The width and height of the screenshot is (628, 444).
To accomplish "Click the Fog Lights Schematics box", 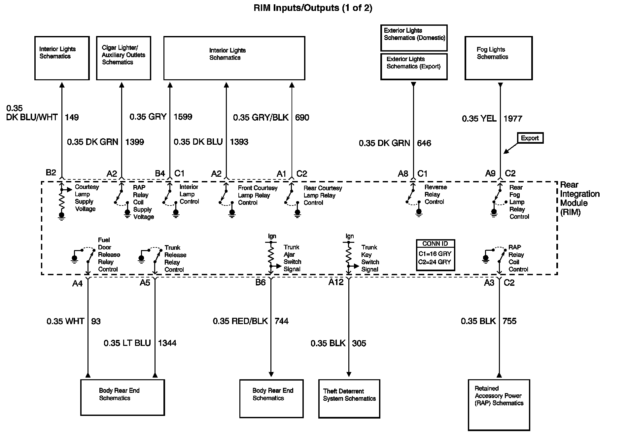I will pos(498,58).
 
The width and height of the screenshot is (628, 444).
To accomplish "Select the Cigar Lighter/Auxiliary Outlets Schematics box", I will pos(123,58).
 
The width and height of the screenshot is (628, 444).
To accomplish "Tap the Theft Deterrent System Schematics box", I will pos(349,398).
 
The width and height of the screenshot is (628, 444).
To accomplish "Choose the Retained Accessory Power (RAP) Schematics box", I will pos(499,405).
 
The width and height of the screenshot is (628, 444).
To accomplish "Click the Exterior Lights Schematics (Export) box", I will pos(414,66).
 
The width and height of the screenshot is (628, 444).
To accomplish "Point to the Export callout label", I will pos(530,138).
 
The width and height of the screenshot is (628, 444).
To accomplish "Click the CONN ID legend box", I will pos(435,255).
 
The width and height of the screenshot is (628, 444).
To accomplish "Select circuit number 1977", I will pos(513,119).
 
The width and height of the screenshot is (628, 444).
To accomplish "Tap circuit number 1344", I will pos(167,343).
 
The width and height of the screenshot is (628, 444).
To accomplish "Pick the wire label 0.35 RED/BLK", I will pos(240,321).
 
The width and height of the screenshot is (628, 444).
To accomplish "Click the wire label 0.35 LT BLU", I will pos(127,343).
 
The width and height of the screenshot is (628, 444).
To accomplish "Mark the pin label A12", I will pos(336,282).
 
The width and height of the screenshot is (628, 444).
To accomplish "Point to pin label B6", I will pos(260,282).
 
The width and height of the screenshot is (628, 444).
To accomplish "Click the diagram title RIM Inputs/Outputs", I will pos(313,8).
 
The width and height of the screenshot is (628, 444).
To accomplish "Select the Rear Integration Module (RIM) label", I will pos(579,198).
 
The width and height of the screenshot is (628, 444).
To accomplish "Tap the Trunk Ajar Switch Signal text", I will pos(292,258).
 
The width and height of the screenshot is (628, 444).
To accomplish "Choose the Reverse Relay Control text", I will pos(435,194).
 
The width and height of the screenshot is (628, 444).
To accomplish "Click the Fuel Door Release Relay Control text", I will pos(109,254).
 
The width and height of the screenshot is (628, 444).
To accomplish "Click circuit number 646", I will pos(424,143).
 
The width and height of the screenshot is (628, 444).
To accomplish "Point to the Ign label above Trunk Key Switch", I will pos(350,236).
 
